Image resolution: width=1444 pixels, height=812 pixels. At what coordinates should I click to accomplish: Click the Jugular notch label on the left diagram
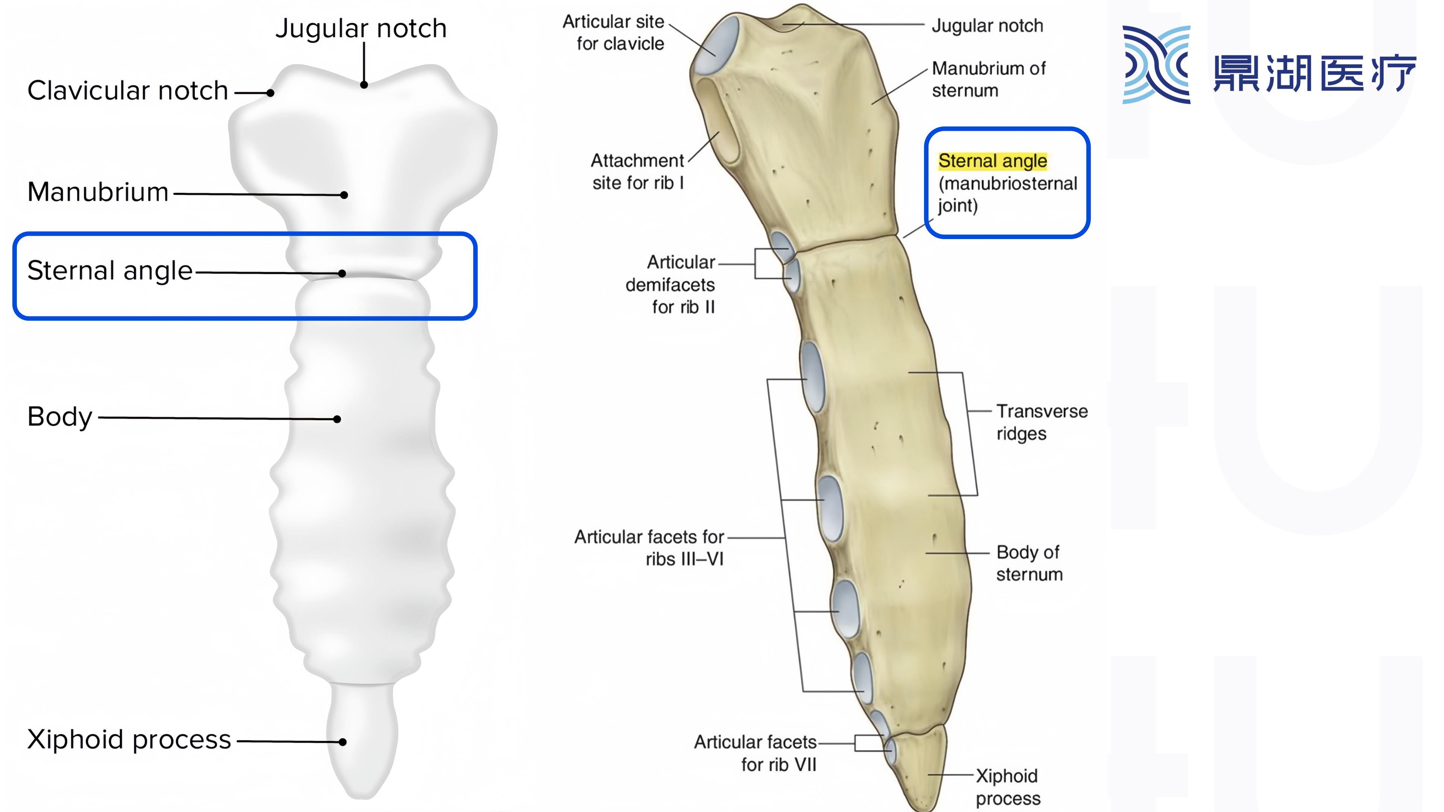(361, 28)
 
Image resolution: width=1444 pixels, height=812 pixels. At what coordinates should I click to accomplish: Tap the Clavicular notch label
(128, 91)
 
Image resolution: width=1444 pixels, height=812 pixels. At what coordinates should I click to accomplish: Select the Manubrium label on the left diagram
(98, 192)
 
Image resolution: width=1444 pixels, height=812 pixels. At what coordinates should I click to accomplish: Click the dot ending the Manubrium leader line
(344, 195)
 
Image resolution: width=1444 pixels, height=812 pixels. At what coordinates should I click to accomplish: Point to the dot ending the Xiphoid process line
(343, 742)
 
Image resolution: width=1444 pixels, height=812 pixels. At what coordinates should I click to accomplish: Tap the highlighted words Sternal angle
(992, 161)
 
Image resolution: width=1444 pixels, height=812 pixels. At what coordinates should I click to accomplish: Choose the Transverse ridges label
(1042, 422)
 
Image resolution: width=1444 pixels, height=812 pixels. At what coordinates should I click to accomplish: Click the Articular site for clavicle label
(614, 32)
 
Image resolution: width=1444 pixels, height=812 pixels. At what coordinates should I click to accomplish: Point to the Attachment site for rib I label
(638, 171)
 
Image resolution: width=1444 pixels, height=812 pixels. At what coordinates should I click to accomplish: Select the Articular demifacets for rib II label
(671, 285)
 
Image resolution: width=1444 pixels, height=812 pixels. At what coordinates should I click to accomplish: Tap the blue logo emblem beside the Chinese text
(1156, 65)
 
